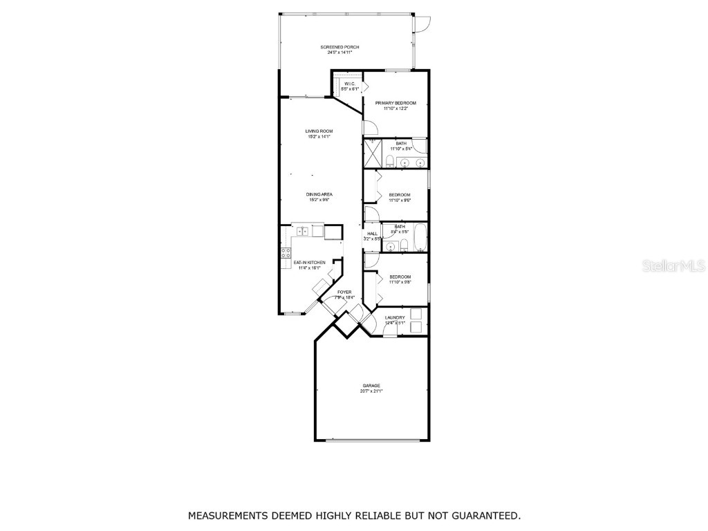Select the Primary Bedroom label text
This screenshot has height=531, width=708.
(395, 103)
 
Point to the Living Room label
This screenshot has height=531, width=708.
(319, 131)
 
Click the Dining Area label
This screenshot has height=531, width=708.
(319, 194)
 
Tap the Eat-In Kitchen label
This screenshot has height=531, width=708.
(309, 262)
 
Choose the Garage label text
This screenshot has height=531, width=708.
(371, 385)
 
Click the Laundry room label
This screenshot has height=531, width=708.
(395, 317)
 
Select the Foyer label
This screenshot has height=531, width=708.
(344, 292)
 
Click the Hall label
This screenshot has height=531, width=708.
(372, 234)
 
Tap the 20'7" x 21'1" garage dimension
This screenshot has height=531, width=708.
(371, 391)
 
